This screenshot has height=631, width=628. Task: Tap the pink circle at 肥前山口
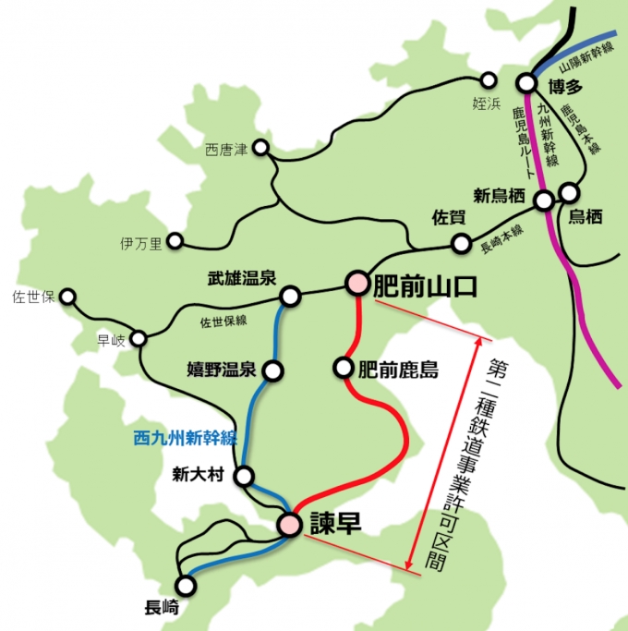coord(357,283)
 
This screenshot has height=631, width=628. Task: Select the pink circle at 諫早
coord(291,525)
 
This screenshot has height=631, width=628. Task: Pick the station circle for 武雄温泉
coord(290,297)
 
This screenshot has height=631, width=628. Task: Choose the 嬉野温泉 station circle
coord(273,371)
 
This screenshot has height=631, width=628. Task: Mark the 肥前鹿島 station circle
coord(344,369)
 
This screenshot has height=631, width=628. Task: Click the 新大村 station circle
coord(244,477)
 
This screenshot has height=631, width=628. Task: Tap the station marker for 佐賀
coord(461,244)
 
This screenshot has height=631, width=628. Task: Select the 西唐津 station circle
coord(261,148)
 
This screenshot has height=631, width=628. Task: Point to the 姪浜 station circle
coord(489,80)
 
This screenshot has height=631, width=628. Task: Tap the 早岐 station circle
coord(139,338)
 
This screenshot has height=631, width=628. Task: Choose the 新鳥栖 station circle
coord(545,200)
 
